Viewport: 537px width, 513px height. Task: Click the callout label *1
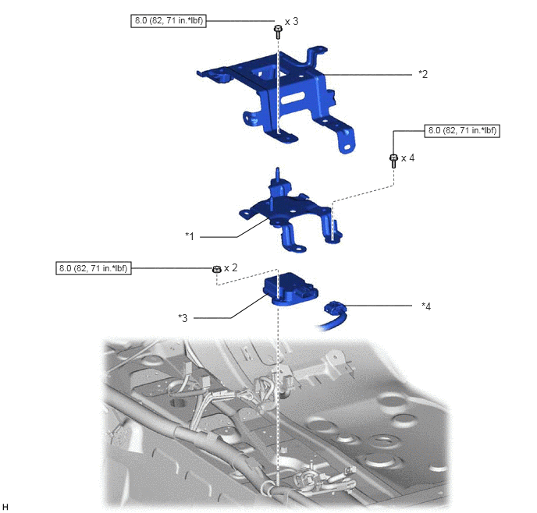[x=190, y=236]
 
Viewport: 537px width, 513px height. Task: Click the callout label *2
[x=423, y=74]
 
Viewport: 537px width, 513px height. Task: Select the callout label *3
[x=183, y=318]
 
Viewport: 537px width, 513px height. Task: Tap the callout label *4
[x=426, y=306]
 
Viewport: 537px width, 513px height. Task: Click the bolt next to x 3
[x=278, y=33]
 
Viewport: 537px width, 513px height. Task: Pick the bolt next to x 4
[x=393, y=161]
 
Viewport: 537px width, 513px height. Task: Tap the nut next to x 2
[x=215, y=269]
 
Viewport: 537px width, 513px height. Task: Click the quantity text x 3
[x=291, y=22]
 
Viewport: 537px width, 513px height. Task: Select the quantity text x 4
[x=408, y=158]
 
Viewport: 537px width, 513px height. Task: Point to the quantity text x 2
[x=230, y=267]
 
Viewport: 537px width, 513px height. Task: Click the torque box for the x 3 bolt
[x=169, y=20]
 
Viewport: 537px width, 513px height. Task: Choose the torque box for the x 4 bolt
[x=462, y=131]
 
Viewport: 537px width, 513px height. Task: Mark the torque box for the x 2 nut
[x=94, y=268]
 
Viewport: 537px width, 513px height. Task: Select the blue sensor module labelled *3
[x=290, y=288]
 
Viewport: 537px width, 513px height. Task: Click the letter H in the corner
[x=5, y=507]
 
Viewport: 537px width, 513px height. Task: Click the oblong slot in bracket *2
[x=294, y=97]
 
